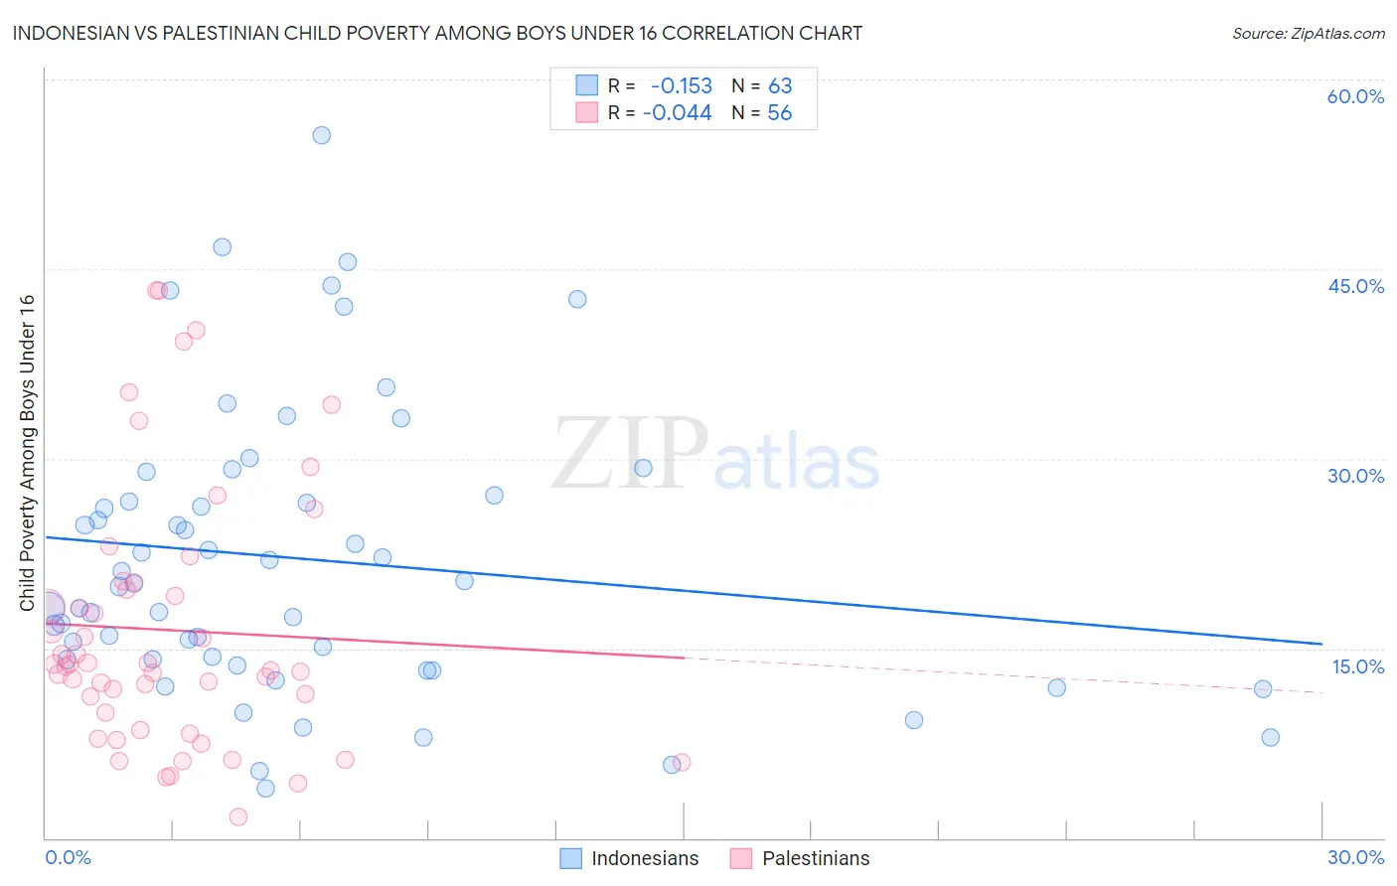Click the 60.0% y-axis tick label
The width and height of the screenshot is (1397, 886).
point(1355,96)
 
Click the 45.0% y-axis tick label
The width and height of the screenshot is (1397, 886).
point(1355,286)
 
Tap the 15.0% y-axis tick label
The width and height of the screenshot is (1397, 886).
point(1357,666)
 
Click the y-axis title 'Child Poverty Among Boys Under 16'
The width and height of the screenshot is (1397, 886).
point(27,453)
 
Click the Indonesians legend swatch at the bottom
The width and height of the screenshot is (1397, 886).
point(570,858)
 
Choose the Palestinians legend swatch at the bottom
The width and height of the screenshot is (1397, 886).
point(741,858)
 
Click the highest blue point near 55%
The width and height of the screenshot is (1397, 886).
point(321,135)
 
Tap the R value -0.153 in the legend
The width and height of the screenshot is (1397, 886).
point(681,86)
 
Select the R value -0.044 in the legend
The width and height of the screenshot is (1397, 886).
point(677,113)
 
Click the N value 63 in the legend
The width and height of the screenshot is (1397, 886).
point(780,86)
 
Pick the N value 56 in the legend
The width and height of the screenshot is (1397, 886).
point(780,113)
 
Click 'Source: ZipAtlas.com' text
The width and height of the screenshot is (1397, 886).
point(1308,34)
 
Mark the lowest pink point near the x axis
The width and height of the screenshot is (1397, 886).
point(238,816)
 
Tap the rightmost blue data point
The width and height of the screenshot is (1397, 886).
point(1270,737)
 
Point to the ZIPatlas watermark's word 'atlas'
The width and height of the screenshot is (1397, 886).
point(797,462)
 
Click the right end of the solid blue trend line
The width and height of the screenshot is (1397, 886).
point(1321,644)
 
